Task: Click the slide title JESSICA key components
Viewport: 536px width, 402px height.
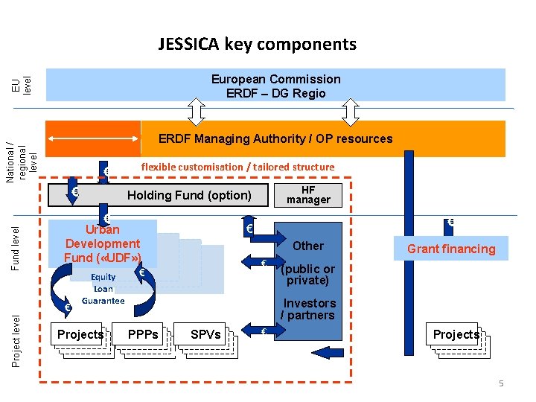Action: pos(257,44)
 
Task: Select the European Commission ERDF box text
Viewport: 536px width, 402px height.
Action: pos(275,86)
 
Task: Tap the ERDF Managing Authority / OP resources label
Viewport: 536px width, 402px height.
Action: pos(275,139)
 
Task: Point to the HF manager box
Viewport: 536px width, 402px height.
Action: pos(308,195)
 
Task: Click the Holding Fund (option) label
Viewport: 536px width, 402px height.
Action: pos(189,196)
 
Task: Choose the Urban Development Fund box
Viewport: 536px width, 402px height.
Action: pos(103,243)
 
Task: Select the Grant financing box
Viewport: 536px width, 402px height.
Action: pos(450,249)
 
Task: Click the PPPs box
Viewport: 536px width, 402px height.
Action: pos(142,334)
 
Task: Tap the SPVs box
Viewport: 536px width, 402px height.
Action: pos(205,334)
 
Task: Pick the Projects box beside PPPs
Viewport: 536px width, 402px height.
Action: pos(80,334)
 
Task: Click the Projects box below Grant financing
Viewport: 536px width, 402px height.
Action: pos(456,334)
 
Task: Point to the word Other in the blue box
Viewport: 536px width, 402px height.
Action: pos(308,246)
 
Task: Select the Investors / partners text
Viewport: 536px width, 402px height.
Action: pos(308,309)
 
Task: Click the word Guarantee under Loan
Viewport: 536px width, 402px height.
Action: pos(103,301)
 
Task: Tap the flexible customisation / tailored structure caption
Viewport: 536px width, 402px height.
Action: pos(237,167)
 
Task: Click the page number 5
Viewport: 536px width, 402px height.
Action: pos(501,383)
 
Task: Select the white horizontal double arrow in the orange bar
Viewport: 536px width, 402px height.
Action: pos(94,138)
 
